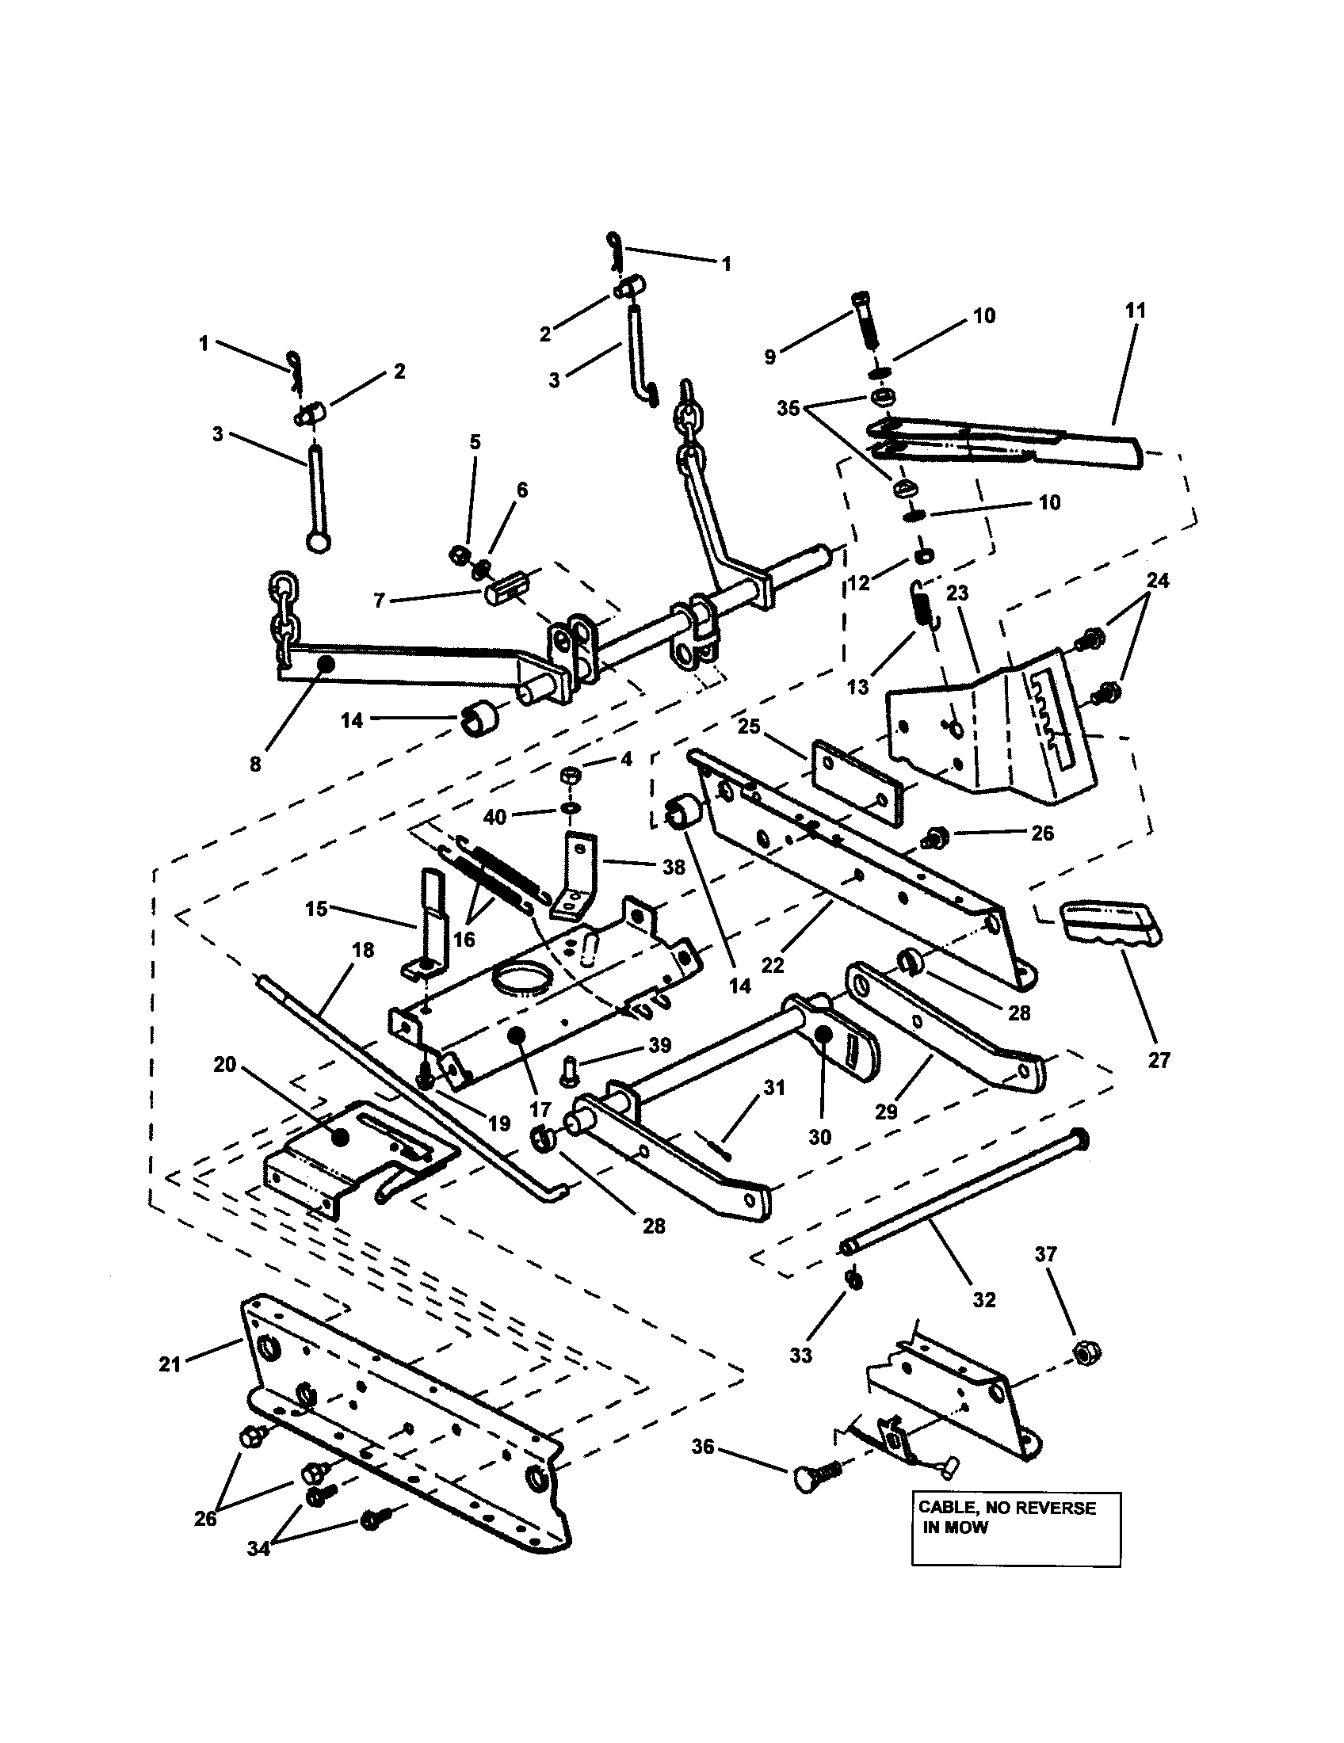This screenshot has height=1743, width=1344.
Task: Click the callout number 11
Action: click(x=1135, y=311)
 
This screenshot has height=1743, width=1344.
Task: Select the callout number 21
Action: click(x=170, y=1364)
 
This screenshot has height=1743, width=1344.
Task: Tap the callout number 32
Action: click(x=984, y=1299)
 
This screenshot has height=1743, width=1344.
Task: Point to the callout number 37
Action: click(x=1045, y=1254)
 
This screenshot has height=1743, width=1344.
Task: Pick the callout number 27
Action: click(x=1158, y=1060)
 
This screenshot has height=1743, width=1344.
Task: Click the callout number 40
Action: click(x=494, y=818)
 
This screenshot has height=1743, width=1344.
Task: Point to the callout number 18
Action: click(x=362, y=949)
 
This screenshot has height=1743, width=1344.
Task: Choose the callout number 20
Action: click(x=225, y=1064)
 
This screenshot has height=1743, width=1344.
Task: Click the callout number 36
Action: click(x=702, y=1446)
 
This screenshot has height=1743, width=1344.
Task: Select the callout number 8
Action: click(x=254, y=764)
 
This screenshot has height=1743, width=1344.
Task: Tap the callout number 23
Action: click(x=957, y=593)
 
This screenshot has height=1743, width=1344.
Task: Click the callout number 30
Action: click(x=819, y=1137)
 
